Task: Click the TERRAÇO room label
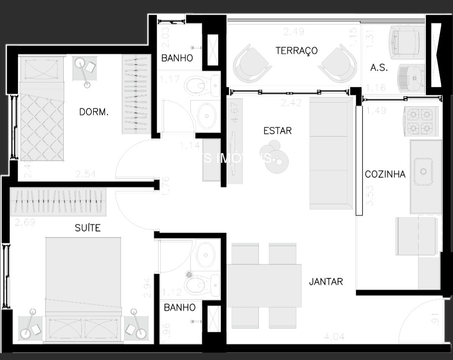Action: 296,51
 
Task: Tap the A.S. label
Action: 379,68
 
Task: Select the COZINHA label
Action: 385,174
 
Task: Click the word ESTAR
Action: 277,131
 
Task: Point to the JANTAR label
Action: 326,282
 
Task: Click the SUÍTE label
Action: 88,228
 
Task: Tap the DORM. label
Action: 94,112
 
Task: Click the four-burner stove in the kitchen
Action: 420,121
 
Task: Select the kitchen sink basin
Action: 423,172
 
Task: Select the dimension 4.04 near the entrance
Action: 334,336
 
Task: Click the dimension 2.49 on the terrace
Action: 292,31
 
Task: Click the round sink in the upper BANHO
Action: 206,115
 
